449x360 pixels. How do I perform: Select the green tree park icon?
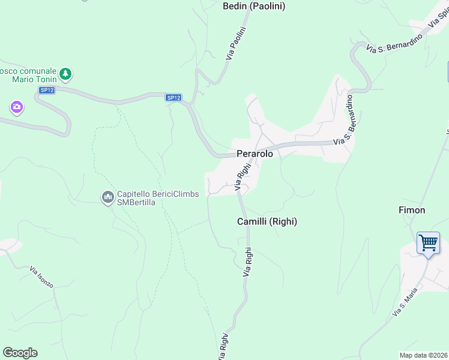click(x=65, y=75)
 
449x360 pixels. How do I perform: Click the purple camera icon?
click(x=17, y=108)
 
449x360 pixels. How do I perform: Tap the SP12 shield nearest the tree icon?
click(x=47, y=90)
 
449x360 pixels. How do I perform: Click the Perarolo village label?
click(x=255, y=154)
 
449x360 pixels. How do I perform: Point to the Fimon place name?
click(x=412, y=210)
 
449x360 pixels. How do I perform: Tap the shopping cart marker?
click(x=429, y=244)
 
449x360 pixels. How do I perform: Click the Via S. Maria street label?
click(x=405, y=302)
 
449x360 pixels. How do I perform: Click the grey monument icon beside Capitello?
click(x=108, y=197)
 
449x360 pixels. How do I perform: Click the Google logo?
click(x=20, y=353)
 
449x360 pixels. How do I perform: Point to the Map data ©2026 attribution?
click(x=424, y=355)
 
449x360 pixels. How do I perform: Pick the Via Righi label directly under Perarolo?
click(x=243, y=178)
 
